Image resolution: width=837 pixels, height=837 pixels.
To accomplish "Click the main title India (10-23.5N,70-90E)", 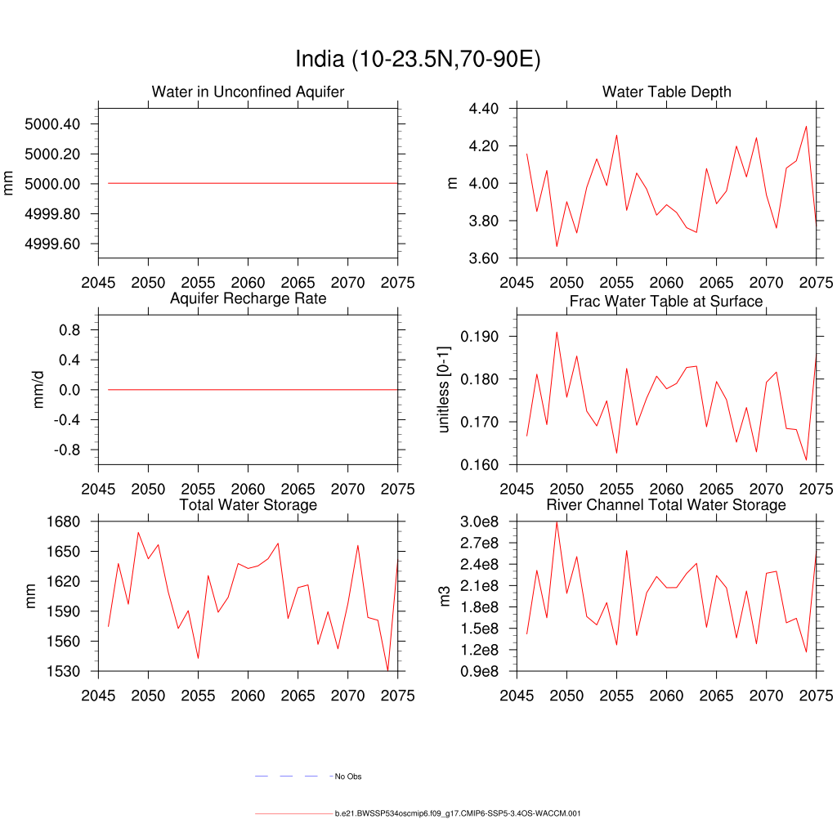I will (x=418, y=60).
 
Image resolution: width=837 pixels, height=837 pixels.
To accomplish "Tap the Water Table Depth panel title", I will (x=666, y=92).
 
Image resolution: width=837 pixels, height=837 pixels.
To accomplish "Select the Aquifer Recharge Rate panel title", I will (x=248, y=298).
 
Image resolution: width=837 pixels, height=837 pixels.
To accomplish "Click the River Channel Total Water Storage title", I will (x=666, y=505).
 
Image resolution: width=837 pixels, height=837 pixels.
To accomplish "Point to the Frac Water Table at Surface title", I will (x=666, y=302).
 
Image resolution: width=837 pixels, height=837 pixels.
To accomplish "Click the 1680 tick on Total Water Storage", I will (x=63, y=521).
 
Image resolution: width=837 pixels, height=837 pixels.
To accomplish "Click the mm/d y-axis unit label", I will (x=38, y=390).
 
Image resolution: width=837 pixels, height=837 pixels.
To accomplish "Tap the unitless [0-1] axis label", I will (x=444, y=390).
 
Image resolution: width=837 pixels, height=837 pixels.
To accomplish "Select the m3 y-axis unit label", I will (x=445, y=597).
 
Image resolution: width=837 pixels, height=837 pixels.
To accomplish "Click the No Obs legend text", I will (x=348, y=777).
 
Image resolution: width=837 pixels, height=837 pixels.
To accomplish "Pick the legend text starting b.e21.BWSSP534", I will (x=457, y=814).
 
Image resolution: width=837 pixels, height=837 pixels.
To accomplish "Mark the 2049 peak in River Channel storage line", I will (x=557, y=522).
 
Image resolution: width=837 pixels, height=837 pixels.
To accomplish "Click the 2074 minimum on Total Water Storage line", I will (x=387, y=670).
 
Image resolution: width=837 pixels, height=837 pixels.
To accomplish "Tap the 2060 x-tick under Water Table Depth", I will (x=666, y=283).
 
